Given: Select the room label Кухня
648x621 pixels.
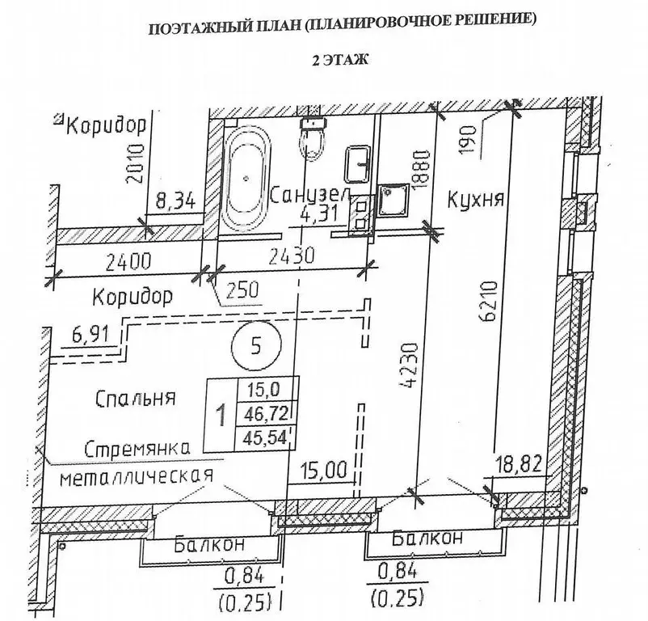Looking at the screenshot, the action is [x=476, y=200].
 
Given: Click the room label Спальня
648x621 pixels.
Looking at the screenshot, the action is [x=136, y=398].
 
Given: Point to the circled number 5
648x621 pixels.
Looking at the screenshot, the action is [x=257, y=345].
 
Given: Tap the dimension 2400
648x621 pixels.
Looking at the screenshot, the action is [x=128, y=262].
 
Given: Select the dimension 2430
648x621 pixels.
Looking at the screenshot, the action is [x=292, y=256].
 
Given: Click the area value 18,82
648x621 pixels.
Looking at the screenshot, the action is [x=519, y=465].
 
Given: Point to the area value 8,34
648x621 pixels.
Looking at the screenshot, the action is [x=175, y=203].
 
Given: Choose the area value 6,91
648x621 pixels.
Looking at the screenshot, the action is [x=91, y=333].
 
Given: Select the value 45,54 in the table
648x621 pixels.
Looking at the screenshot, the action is [x=265, y=437].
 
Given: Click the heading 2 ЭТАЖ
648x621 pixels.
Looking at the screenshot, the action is [x=339, y=61].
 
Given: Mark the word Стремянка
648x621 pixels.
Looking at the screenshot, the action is [x=137, y=450].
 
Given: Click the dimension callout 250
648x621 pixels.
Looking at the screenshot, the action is [x=242, y=289].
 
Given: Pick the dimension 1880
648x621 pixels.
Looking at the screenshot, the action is [x=422, y=171].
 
